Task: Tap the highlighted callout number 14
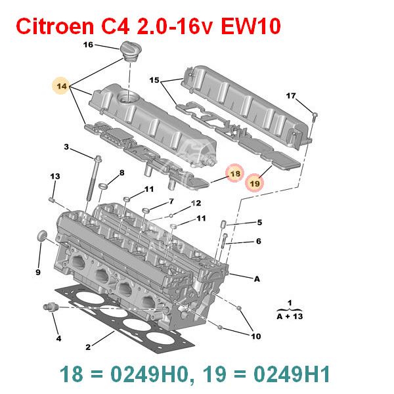pos(62,86)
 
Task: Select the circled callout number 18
pos(235,173)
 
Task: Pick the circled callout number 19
pos(255,183)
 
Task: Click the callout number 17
pos(291,96)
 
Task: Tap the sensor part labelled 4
pos(51,307)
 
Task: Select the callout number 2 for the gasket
pos(88,347)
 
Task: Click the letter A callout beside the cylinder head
pos(257,278)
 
